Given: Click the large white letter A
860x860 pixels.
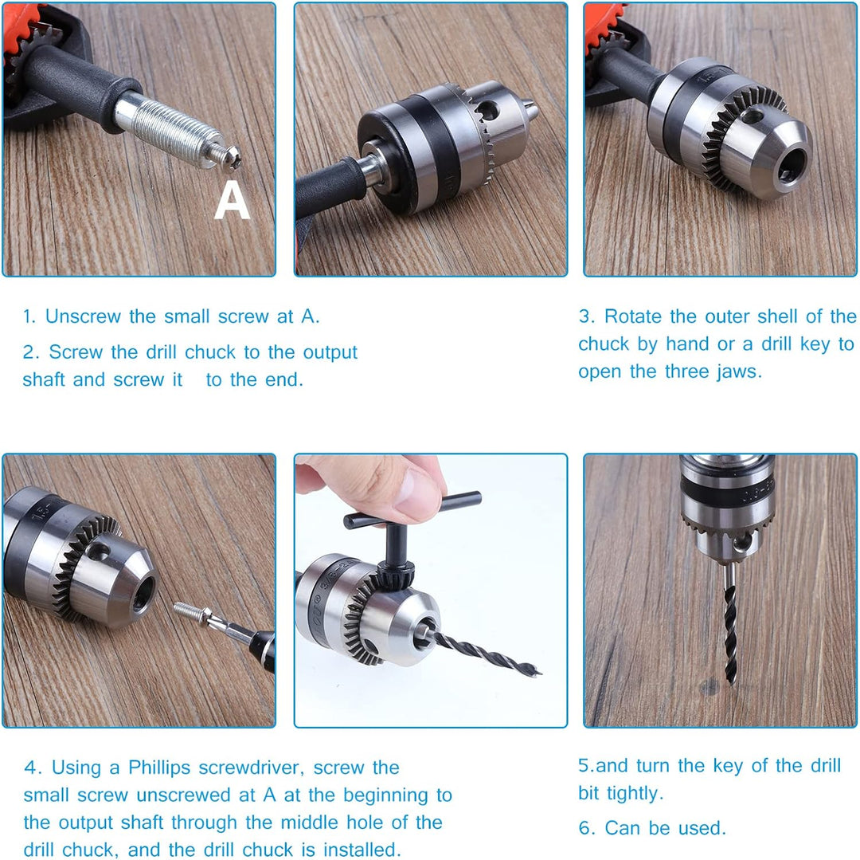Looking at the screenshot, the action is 232,200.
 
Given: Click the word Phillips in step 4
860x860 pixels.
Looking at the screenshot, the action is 159,768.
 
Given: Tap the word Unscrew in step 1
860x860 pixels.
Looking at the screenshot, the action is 83,316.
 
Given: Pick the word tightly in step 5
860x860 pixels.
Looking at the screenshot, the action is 635,794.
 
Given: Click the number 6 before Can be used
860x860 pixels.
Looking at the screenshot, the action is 586,827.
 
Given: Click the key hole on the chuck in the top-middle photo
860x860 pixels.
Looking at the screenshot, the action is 487,111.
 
